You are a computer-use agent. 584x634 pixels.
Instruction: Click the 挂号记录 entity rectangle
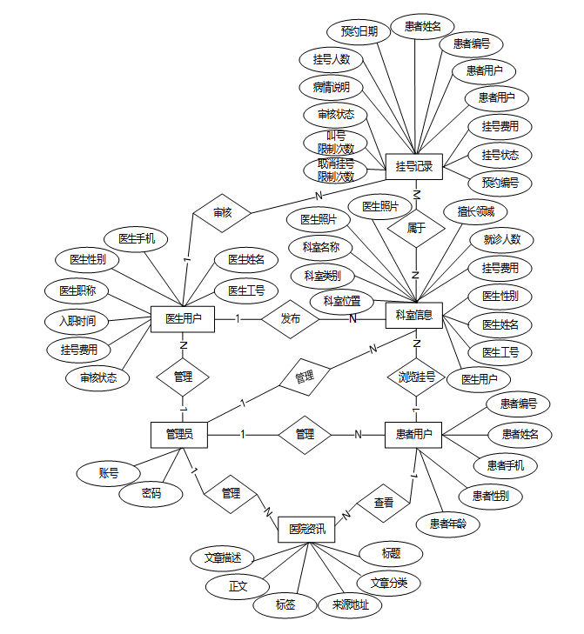click(x=414, y=166)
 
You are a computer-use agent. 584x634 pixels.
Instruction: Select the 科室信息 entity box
click(x=414, y=314)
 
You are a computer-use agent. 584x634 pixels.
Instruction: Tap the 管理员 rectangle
click(x=178, y=433)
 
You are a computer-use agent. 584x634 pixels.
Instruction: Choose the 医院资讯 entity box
click(x=306, y=529)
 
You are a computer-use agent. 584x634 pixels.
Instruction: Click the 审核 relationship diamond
click(x=222, y=211)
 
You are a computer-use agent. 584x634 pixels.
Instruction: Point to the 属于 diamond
click(x=416, y=228)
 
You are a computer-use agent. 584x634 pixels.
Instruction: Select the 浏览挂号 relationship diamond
click(x=416, y=377)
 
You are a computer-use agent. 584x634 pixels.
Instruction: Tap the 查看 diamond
click(x=383, y=503)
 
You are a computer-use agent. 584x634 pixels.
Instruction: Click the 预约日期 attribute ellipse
click(x=359, y=31)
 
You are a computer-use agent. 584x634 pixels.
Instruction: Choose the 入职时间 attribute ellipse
click(x=77, y=321)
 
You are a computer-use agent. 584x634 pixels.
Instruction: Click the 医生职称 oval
click(x=77, y=290)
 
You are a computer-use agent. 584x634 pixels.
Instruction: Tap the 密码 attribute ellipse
click(x=151, y=494)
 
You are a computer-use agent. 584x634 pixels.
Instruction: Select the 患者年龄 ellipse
click(x=447, y=524)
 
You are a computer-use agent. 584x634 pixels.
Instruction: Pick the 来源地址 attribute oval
click(x=350, y=604)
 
